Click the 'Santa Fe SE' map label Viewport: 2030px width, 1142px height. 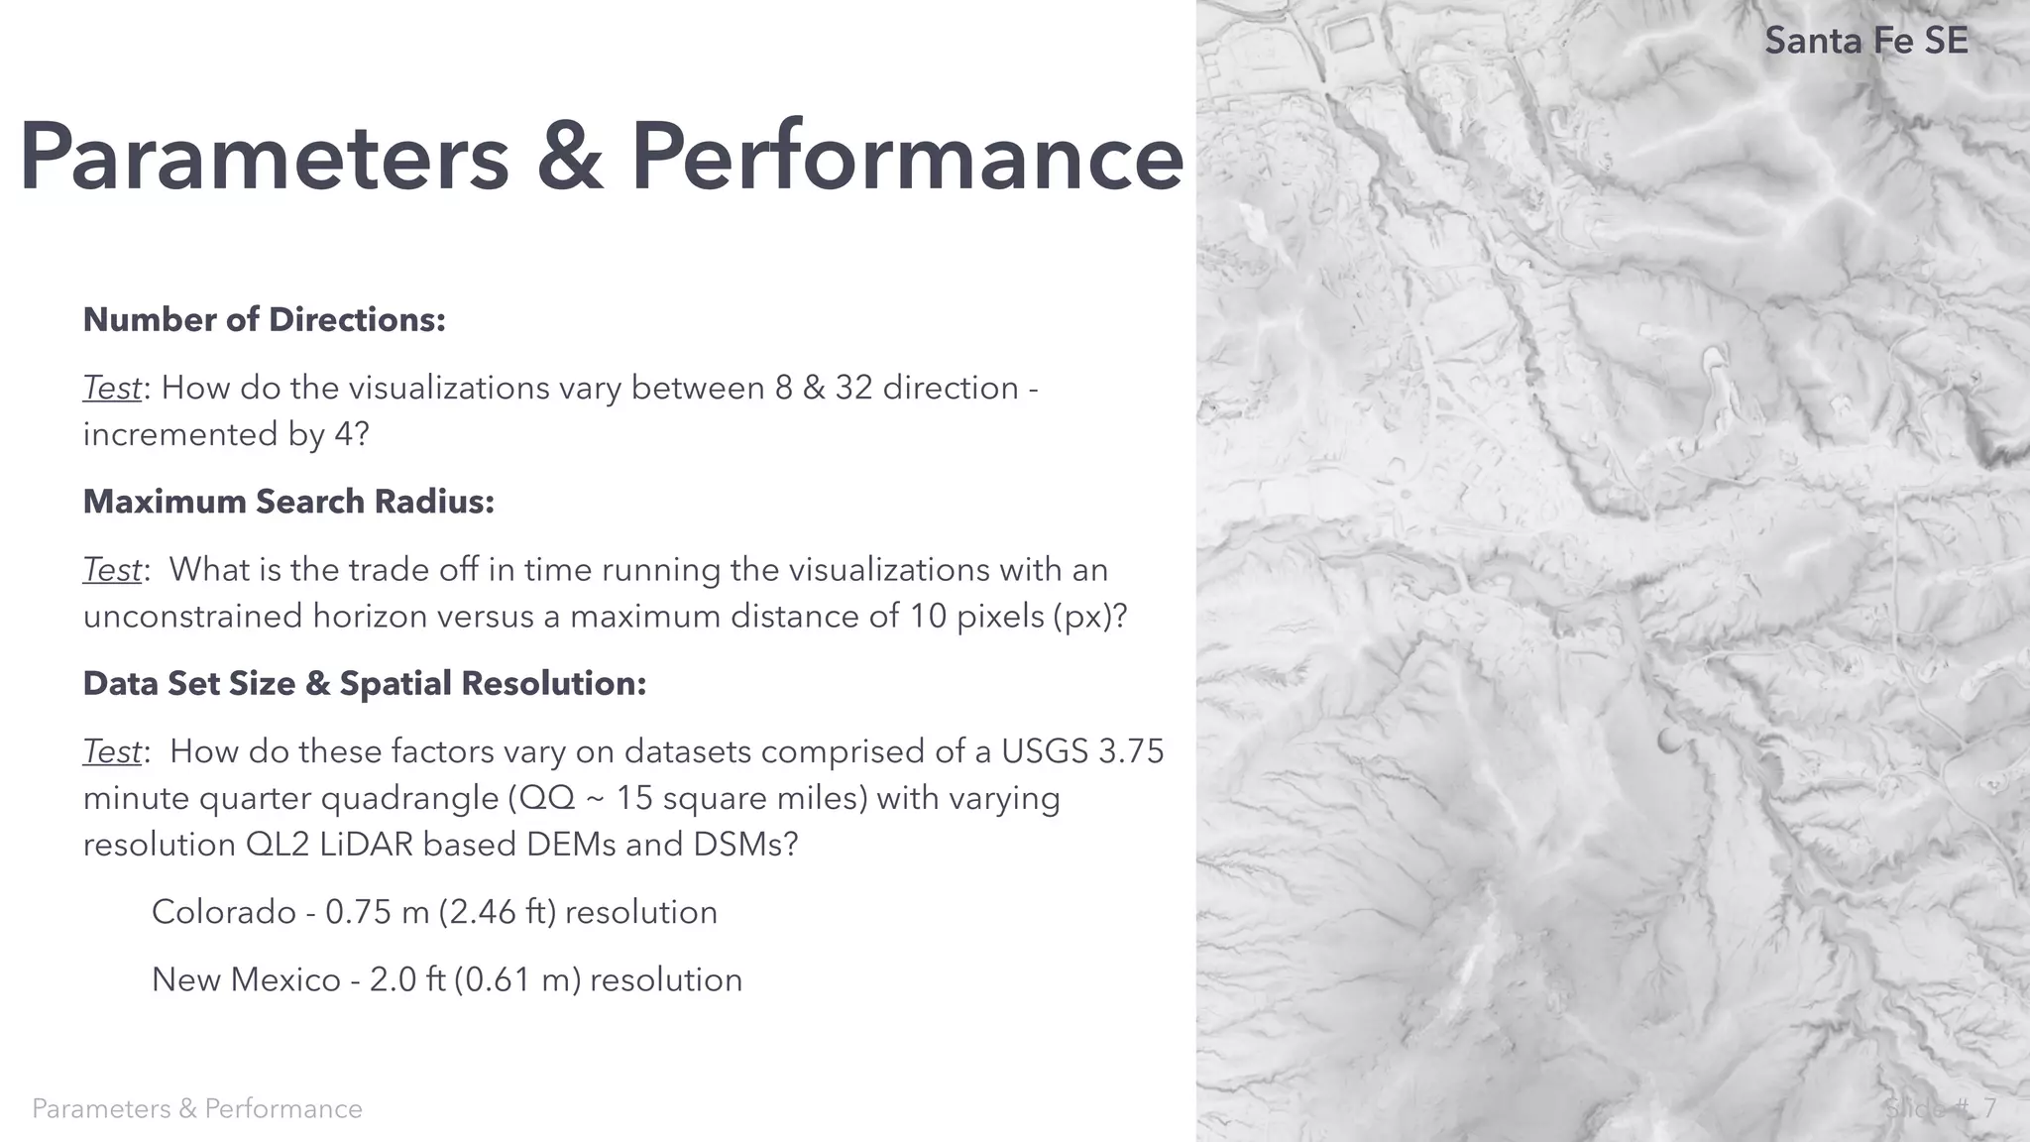pos(1865,41)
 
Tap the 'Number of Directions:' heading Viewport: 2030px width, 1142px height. pos(264,320)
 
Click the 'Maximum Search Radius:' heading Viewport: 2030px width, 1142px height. pos(288,503)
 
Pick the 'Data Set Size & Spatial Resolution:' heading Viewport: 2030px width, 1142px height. pos(364,684)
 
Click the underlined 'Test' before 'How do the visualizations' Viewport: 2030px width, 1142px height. pos(112,388)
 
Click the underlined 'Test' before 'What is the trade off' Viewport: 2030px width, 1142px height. pos(112,570)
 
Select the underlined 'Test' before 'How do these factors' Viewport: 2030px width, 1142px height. pos(112,751)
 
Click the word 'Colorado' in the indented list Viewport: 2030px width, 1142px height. pos(223,912)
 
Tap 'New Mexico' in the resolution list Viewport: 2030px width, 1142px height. pos(246,980)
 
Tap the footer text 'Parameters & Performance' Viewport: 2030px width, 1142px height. pos(197,1108)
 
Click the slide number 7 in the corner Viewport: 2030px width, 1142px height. pos(1988,1108)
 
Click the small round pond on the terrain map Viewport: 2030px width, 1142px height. pos(1667,740)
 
